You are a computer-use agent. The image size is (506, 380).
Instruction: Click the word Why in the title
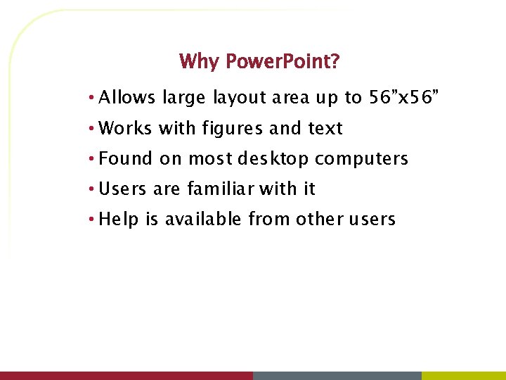coord(199,62)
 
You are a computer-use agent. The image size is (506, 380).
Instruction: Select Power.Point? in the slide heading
coord(283,62)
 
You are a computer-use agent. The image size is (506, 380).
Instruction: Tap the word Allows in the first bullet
coord(127,98)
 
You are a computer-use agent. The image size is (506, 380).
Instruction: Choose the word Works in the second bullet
coord(126,128)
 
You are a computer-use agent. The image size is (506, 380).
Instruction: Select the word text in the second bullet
coord(325,128)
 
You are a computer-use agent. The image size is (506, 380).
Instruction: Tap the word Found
coord(126,158)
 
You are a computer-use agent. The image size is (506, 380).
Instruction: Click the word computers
coord(361,159)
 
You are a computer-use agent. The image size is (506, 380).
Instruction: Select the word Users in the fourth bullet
coord(123,189)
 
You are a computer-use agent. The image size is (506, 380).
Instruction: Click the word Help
coord(119,220)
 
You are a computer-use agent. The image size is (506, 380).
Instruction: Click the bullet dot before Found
coord(92,158)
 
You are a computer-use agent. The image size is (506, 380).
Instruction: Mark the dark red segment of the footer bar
coord(126,376)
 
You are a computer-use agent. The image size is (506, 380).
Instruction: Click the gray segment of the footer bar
coord(337,376)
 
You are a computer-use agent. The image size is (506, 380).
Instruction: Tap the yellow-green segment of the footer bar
coord(464,376)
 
